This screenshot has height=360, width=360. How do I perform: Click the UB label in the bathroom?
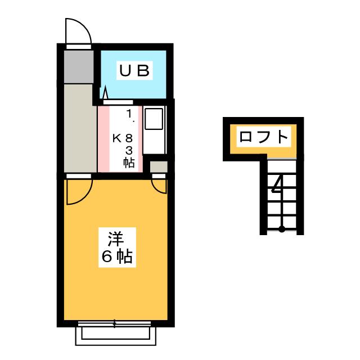(134, 71)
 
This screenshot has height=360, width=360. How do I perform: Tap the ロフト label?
(264, 137)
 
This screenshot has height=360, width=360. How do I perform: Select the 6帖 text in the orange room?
(116, 256)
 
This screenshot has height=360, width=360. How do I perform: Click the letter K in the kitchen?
(116, 137)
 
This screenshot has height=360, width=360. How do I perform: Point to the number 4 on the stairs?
(277, 184)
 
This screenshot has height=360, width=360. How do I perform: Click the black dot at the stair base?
(282, 228)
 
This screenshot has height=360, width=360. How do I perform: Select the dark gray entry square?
(78, 67)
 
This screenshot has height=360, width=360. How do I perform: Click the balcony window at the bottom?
(115, 332)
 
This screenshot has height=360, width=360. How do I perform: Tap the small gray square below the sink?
(159, 166)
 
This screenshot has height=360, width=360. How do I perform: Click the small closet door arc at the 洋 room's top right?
(160, 186)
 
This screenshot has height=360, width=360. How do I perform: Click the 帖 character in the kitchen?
(129, 163)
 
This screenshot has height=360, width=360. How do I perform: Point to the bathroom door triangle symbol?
(105, 92)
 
